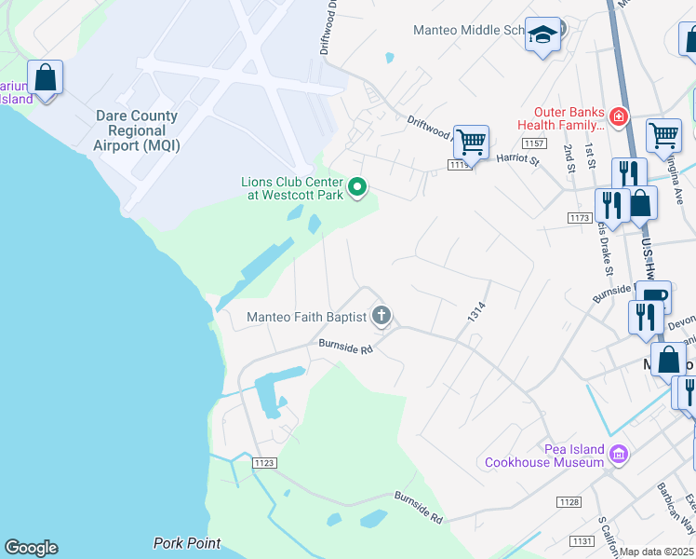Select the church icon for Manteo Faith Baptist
click(x=381, y=317)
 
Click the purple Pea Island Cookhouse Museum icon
click(x=619, y=455)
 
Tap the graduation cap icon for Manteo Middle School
click(x=542, y=35)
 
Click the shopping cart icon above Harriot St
click(x=472, y=143)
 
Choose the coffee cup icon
click(x=654, y=299)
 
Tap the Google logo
click(x=31, y=548)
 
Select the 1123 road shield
click(x=264, y=461)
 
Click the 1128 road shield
click(x=569, y=502)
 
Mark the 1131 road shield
click(x=582, y=541)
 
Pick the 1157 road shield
click(x=533, y=143)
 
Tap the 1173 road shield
click(x=580, y=217)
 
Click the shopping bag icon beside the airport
click(x=45, y=76)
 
